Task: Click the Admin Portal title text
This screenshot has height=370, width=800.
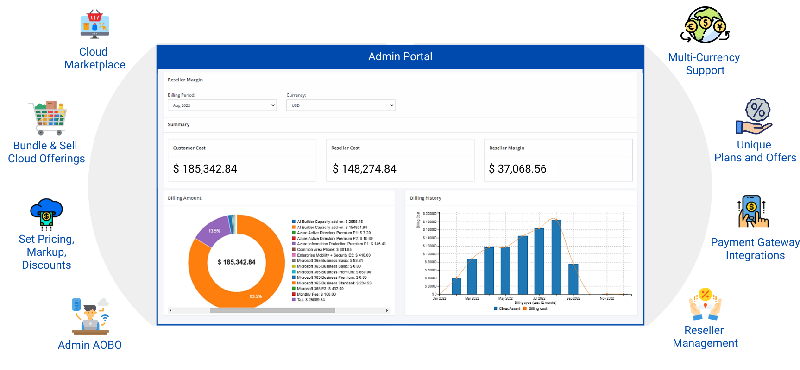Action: coord(400,56)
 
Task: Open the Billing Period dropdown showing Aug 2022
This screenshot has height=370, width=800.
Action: coord(222,105)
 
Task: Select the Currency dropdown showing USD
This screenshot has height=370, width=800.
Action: coord(340,105)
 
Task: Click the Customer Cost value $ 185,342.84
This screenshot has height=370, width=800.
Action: coord(205,169)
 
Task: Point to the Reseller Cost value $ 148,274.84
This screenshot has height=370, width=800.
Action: coord(364,169)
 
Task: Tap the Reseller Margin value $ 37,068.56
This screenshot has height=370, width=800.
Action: coord(517,169)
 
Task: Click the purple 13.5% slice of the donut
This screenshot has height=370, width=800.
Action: coord(214,231)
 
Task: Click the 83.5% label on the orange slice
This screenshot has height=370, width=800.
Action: coord(256,296)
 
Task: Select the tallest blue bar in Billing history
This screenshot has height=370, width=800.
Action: coord(556,257)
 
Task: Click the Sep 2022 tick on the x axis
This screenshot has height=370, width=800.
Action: coord(573,298)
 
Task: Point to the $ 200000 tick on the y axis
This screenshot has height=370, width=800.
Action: coord(429,214)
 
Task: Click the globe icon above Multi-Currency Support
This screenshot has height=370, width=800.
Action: coord(705,25)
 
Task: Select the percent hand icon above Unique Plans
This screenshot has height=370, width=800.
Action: coord(755,117)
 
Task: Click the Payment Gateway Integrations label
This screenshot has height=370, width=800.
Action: coord(755,249)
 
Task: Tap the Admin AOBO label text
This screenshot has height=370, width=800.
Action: coord(90,345)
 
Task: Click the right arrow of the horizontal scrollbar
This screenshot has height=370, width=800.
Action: coord(387,310)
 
